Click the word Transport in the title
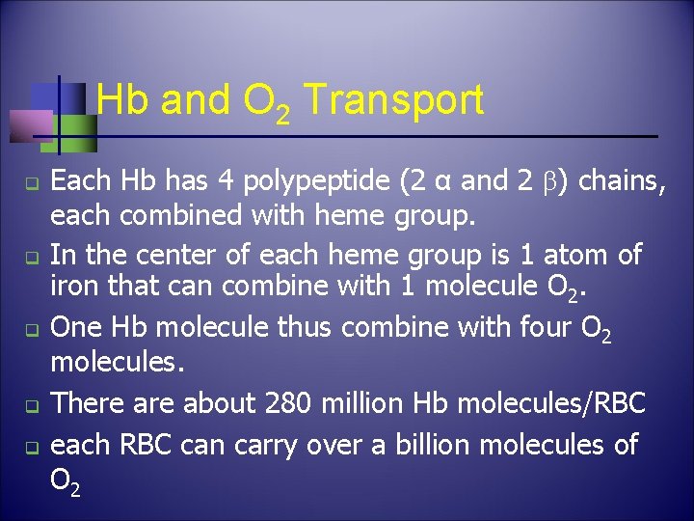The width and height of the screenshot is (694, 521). click(393, 100)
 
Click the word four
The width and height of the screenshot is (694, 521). click(530, 327)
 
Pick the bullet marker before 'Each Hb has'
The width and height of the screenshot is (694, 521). click(31, 182)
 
